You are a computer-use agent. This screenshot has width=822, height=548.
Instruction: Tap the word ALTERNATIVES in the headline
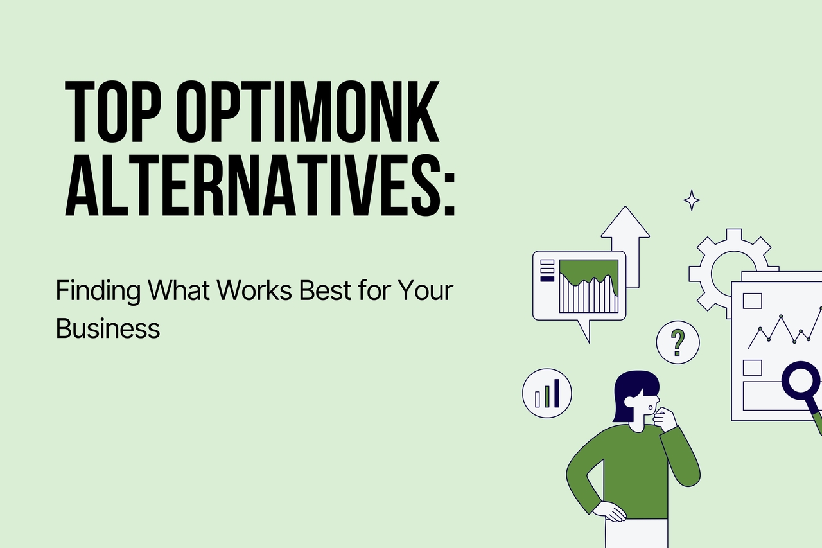pyautogui.click(x=247, y=186)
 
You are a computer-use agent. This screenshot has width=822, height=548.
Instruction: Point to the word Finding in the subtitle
pyautogui.click(x=98, y=292)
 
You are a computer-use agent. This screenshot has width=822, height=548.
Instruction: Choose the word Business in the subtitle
pyautogui.click(x=107, y=328)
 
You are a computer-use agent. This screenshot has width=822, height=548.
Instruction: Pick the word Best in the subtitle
pyautogui.click(x=324, y=292)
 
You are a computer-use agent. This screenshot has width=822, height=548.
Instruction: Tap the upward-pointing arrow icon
pyautogui.click(x=625, y=241)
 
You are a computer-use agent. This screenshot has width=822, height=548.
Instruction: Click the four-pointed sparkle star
pyautogui.click(x=692, y=200)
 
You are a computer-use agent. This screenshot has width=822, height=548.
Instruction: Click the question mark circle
pyautogui.click(x=678, y=342)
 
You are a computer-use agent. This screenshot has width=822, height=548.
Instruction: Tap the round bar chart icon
pyautogui.click(x=547, y=393)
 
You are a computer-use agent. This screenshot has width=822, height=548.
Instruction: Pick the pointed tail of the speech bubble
pyautogui.click(x=584, y=331)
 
